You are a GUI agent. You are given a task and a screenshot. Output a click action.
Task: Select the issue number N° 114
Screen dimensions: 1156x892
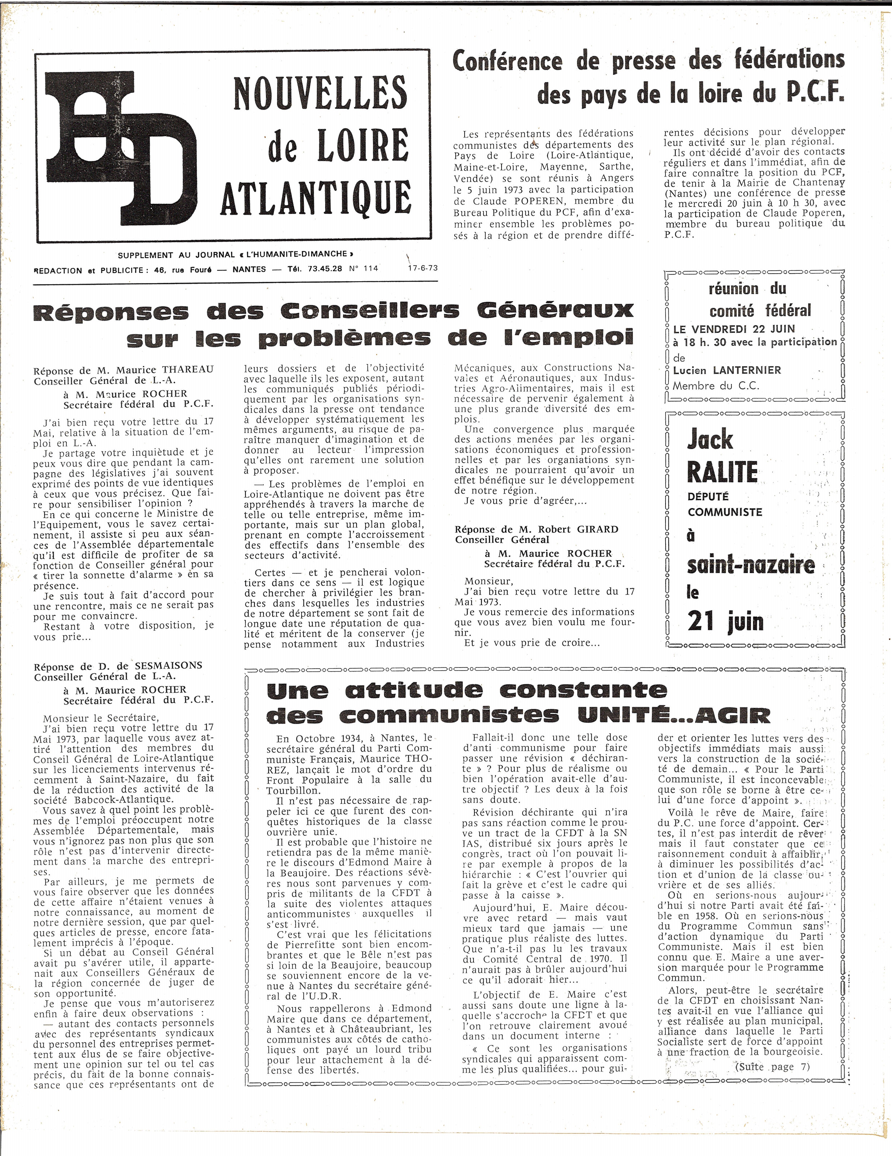click(x=364, y=268)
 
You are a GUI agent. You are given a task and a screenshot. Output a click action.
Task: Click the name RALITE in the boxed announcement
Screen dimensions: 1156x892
click(x=722, y=472)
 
